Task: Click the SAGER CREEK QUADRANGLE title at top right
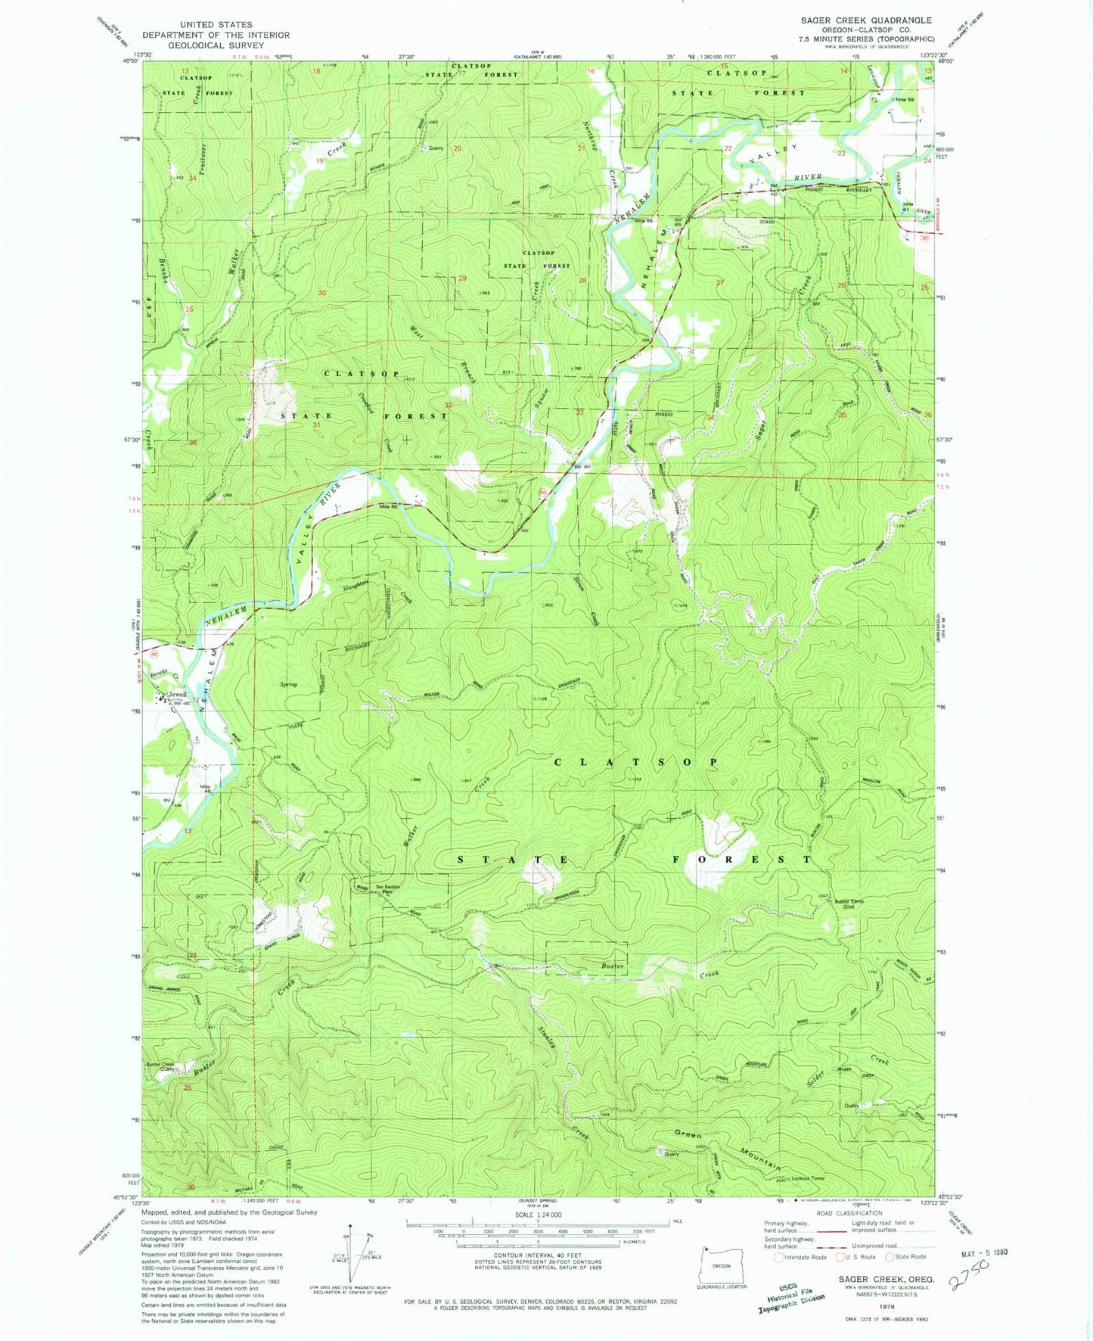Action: [x=866, y=20]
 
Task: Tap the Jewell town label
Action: [x=177, y=694]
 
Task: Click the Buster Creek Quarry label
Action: [x=160, y=1066]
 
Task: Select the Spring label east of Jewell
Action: [x=287, y=684]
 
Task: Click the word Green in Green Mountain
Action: [x=688, y=1135]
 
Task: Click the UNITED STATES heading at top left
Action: [x=216, y=24]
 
